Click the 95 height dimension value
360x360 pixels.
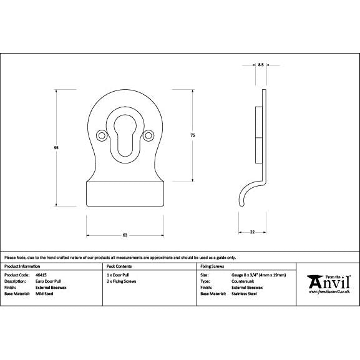point(57,148)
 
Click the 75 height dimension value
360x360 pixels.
point(193,135)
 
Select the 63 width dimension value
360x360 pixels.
point(125,235)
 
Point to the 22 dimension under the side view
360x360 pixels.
point(251,231)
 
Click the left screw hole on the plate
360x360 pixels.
point(101,134)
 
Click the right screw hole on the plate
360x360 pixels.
point(148,134)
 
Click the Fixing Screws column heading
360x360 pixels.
point(211,266)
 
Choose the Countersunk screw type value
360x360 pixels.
point(242,281)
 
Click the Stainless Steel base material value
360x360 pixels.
point(244,293)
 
